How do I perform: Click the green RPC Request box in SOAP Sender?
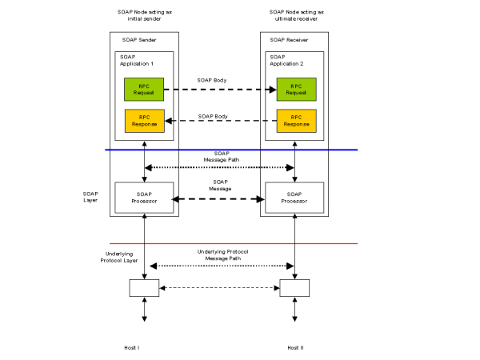point(144,90)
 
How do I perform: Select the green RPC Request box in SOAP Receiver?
point(296,90)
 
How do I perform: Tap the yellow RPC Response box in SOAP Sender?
point(144,121)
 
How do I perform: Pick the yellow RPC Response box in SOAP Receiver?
point(296,121)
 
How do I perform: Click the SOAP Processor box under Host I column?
point(144,197)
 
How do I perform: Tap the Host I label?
point(132,347)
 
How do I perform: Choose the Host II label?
point(295,347)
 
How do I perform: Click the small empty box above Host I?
point(144,287)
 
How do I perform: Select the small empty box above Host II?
point(294,287)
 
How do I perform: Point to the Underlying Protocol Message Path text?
point(222,254)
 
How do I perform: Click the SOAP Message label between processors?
point(221,185)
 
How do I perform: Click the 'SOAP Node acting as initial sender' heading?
point(145,18)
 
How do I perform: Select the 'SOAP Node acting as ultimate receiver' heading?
point(295,18)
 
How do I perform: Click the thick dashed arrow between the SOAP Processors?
point(219,198)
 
